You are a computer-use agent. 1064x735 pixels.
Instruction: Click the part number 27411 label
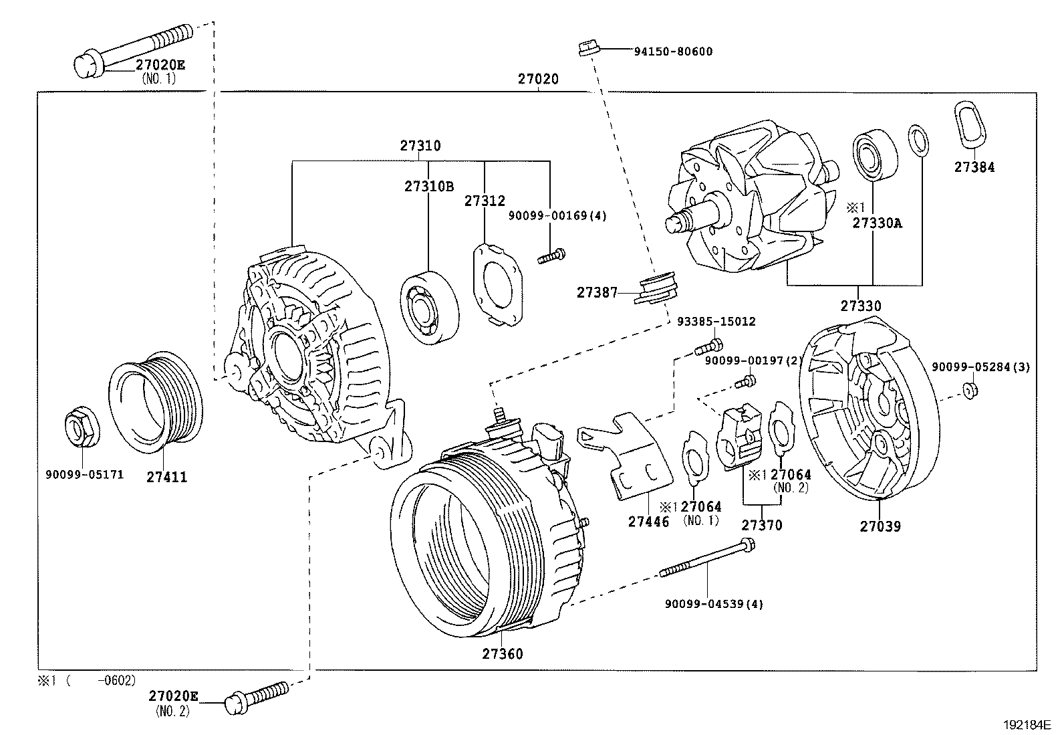click(166, 477)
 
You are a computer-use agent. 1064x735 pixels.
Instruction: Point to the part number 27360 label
click(503, 653)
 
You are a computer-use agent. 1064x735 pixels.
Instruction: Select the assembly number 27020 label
click(538, 79)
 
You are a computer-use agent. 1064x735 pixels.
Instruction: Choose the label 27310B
click(428, 187)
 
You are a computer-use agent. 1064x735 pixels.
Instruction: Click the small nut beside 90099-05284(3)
click(971, 389)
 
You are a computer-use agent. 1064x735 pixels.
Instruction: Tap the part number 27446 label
click(648, 521)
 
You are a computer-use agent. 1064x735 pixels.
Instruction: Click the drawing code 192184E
click(1027, 724)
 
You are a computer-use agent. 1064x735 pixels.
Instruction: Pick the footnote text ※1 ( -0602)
click(86, 680)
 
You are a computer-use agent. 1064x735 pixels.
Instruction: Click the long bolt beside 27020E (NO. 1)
click(134, 46)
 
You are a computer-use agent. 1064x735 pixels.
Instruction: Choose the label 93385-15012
click(716, 322)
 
